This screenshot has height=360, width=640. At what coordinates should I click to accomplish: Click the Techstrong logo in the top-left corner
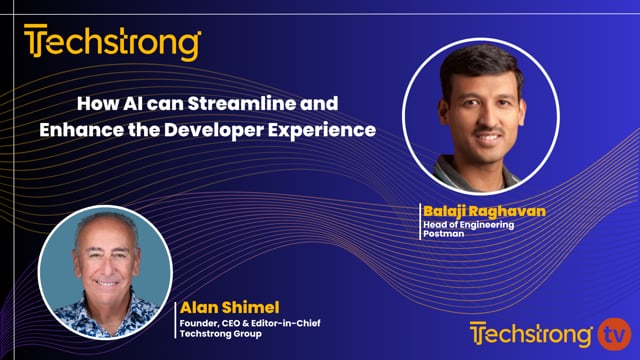[x=113, y=44]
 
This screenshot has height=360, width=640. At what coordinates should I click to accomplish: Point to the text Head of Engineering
[x=471, y=226]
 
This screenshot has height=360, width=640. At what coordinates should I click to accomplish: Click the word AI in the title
[x=134, y=103]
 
